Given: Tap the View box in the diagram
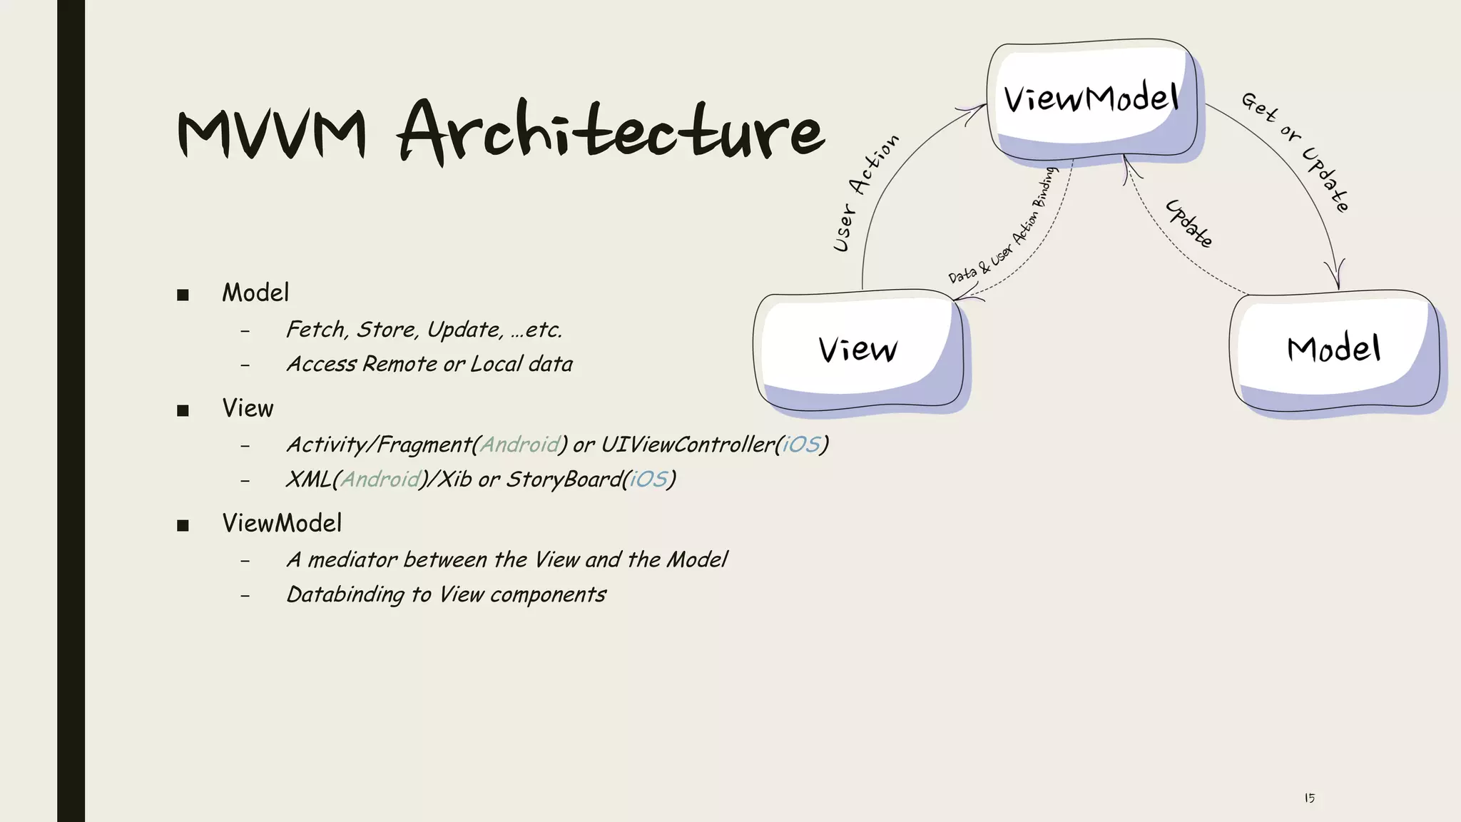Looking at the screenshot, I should [x=858, y=350].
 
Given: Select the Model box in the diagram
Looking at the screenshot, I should [x=1333, y=350].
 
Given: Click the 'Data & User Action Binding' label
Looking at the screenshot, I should [x=1002, y=226].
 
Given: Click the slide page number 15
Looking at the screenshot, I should [x=1309, y=798].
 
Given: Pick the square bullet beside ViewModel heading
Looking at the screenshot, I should [x=183, y=526].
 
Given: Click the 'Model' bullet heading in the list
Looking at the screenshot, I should [x=255, y=293].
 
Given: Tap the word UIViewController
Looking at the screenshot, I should [x=687, y=445].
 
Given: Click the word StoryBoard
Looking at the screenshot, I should [x=564, y=479].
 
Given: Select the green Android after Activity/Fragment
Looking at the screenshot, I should [x=520, y=445].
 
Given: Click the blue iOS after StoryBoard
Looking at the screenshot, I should [x=648, y=479].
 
